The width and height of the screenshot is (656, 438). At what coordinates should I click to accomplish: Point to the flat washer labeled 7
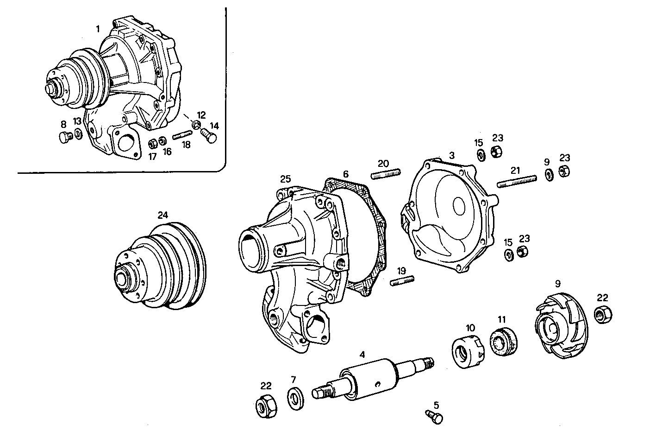(294, 400)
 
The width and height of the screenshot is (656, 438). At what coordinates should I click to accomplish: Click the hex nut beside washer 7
(267, 407)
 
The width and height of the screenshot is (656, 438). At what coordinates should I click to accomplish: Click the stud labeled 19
(402, 281)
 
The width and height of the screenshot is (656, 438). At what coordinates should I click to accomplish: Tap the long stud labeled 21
(517, 181)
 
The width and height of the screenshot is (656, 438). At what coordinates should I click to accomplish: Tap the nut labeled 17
(153, 143)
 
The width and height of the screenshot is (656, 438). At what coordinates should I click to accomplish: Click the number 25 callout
(286, 179)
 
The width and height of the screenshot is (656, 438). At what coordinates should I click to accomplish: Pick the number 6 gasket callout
(346, 174)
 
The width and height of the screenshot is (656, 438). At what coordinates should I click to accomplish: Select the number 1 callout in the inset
(98, 29)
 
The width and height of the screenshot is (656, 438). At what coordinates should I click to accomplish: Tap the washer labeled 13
(79, 135)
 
